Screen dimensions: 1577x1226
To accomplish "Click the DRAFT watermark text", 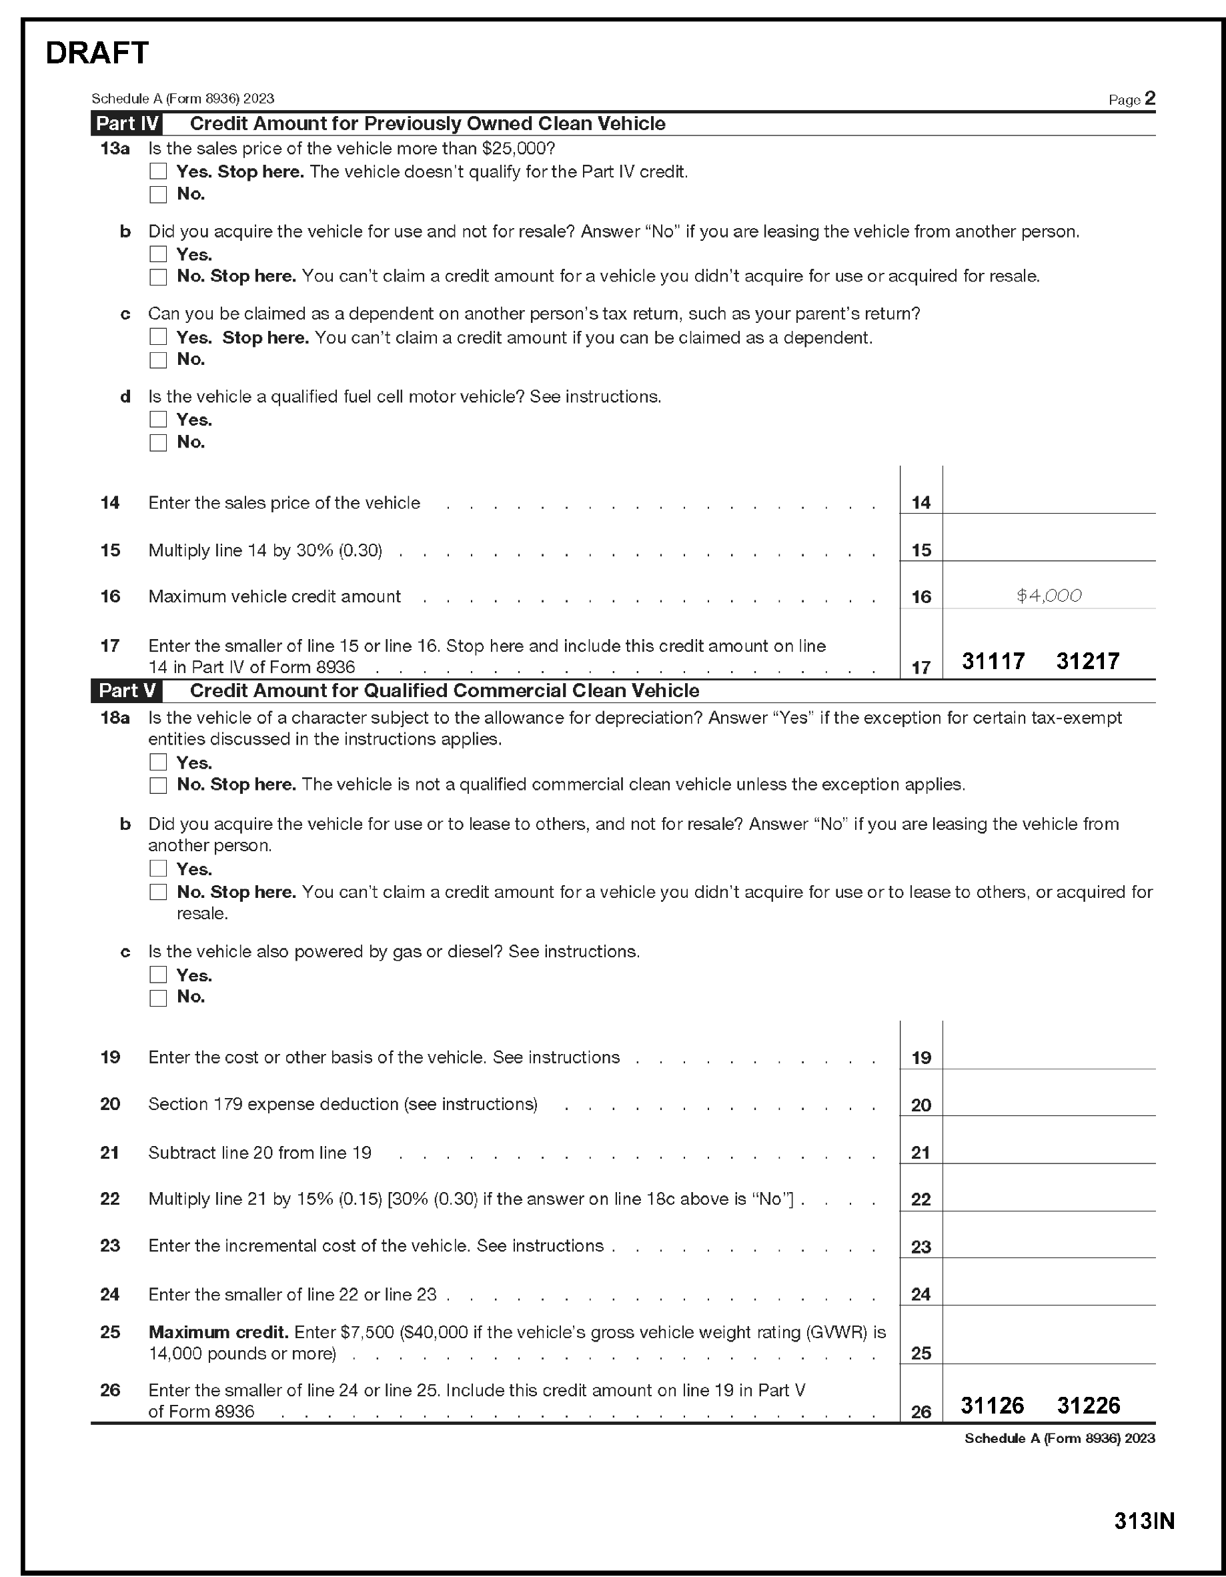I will coord(97,53).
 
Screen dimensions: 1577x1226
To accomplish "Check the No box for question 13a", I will coord(158,194).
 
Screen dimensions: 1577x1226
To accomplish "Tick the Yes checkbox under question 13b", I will coord(158,254).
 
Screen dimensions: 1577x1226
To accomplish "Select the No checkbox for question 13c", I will coord(158,360).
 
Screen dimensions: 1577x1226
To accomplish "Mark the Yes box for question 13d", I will coord(158,420).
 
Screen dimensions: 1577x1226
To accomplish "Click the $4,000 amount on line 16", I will coord(1049,596).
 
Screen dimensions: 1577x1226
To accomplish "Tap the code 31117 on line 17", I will coord(993,660).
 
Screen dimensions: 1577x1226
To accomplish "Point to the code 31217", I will coord(1087,660).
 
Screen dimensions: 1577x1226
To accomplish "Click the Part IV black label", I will coord(127,123).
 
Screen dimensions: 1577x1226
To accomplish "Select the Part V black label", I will coord(127,691).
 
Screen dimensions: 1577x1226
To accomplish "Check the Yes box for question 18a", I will coord(158,762).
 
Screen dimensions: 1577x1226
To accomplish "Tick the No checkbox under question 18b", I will coord(158,893).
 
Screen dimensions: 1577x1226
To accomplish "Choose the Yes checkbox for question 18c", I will coord(158,975).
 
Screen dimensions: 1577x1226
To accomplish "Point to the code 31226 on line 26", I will coord(1088,1405).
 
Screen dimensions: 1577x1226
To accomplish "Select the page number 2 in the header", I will coord(1149,98).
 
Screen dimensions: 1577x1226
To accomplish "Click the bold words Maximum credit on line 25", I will coord(218,1332).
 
